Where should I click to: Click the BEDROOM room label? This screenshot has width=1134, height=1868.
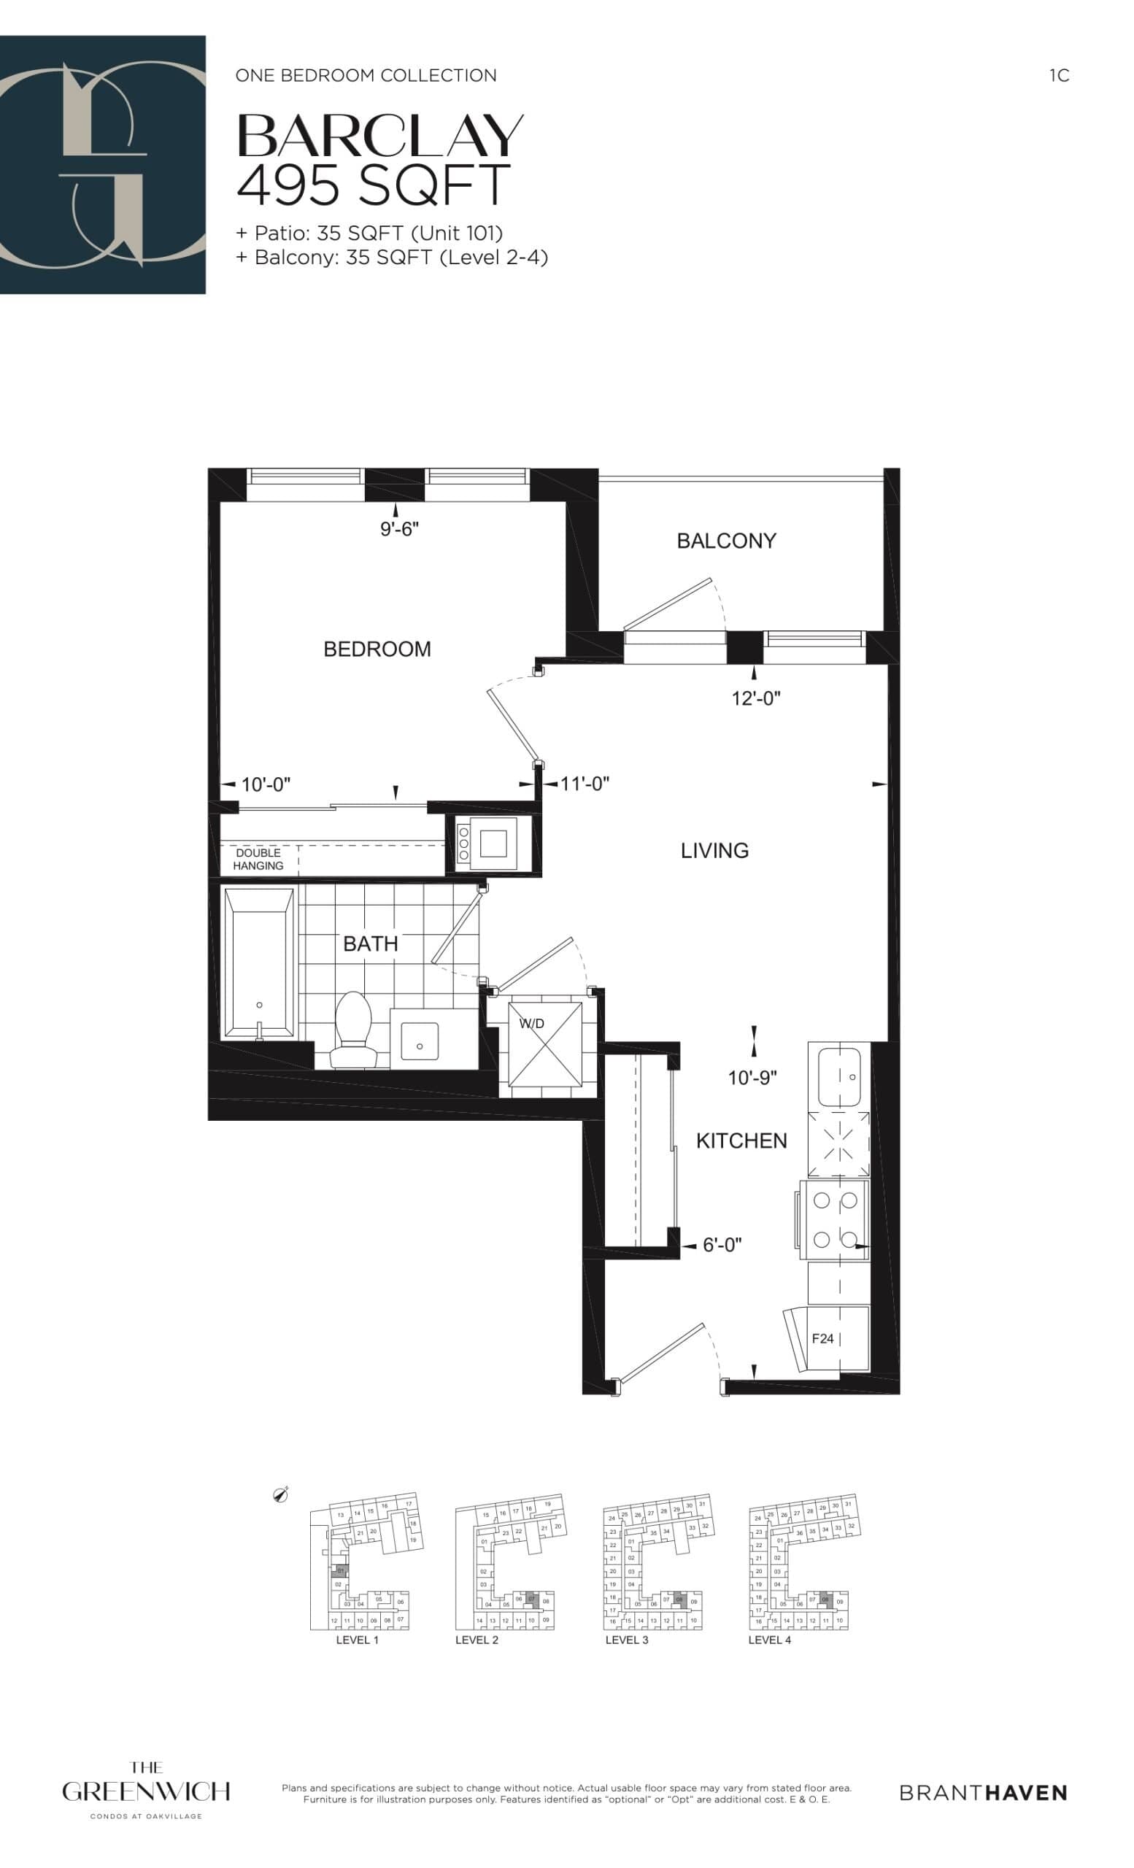click(377, 649)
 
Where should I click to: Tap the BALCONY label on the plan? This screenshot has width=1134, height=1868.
click(726, 541)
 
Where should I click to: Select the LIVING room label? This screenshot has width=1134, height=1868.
click(714, 851)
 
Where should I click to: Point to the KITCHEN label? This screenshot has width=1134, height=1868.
click(741, 1141)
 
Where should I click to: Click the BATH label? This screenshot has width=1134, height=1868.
click(370, 944)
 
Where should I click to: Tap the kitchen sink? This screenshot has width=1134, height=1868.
click(838, 1076)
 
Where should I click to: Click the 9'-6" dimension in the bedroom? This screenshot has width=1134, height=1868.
click(399, 529)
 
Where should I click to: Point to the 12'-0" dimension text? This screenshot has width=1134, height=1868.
click(756, 698)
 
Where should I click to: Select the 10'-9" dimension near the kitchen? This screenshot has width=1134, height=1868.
click(752, 1078)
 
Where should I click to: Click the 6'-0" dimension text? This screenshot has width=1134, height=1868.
click(722, 1245)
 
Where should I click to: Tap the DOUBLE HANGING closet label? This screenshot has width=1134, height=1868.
click(258, 859)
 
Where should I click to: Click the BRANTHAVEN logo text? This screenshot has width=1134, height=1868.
click(983, 1793)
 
